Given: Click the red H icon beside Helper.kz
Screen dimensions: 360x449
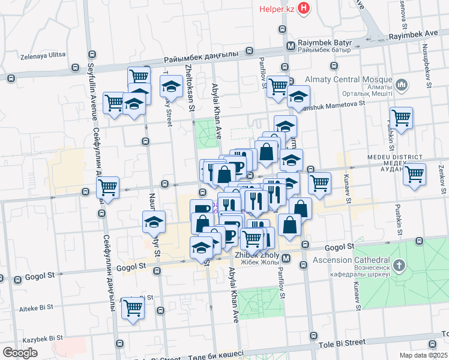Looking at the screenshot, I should coord(304,8).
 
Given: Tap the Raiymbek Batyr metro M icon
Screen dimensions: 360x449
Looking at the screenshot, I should coord(291,46).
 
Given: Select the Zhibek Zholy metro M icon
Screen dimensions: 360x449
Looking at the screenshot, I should coord(286,259).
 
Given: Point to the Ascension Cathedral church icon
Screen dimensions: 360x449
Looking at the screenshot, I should coord(400,265).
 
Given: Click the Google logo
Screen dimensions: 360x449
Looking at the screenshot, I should coord(20,352).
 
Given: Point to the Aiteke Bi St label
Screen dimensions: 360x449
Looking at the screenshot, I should coord(36,307).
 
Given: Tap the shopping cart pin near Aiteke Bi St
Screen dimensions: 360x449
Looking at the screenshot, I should coord(133,308).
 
